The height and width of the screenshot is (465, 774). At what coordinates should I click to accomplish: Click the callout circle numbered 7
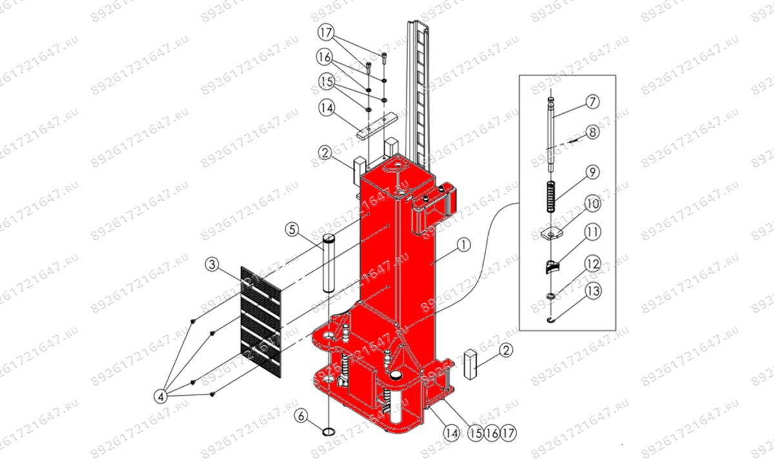click(x=592, y=102)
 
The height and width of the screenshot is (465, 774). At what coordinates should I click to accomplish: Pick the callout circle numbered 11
click(x=592, y=231)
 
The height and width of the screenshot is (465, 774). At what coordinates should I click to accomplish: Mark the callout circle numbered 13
click(x=592, y=291)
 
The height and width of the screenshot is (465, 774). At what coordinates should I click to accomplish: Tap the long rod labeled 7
click(x=551, y=136)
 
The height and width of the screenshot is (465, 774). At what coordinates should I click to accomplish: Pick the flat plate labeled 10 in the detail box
click(x=551, y=234)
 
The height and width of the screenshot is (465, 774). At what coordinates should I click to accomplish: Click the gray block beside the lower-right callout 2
click(x=470, y=365)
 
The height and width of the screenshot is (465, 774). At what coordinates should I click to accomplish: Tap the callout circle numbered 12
click(x=592, y=263)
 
